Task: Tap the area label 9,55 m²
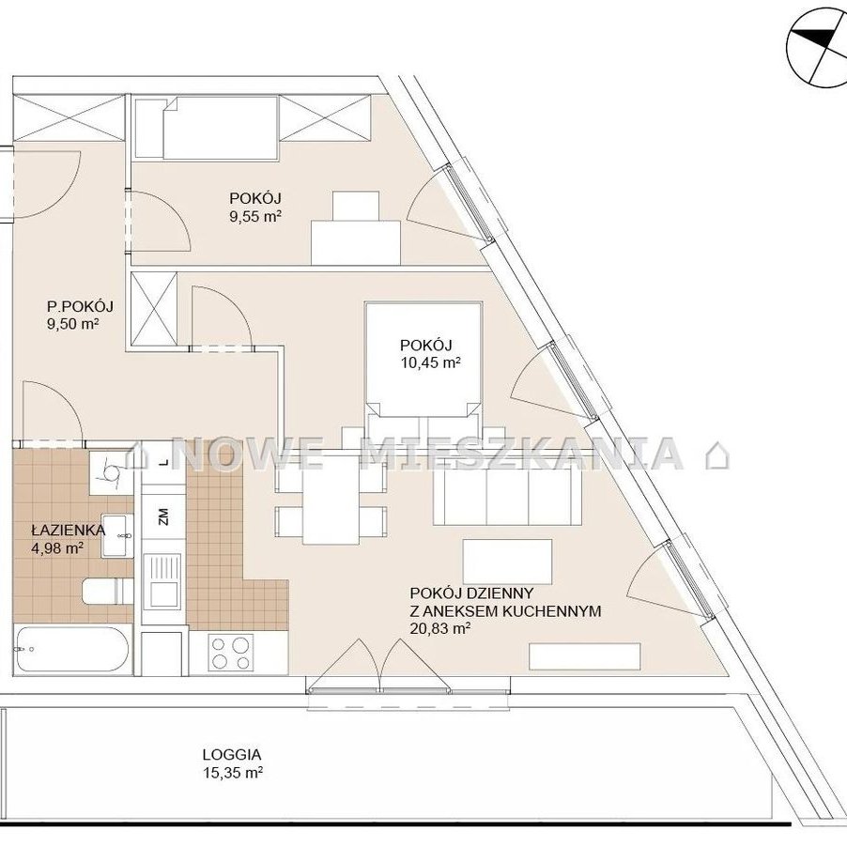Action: (x=255, y=217)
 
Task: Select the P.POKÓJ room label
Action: (x=80, y=307)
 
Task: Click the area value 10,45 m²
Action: (x=430, y=362)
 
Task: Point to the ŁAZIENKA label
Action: (x=68, y=530)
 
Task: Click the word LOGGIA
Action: (x=232, y=754)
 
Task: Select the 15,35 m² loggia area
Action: (x=233, y=773)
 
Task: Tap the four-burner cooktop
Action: (x=231, y=653)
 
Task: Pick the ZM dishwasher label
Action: (x=164, y=516)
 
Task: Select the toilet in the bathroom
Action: (x=107, y=591)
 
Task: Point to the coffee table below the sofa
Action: (x=507, y=562)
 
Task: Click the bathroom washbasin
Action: (x=117, y=535)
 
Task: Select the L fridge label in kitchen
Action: (x=163, y=463)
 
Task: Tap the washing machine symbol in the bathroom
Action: (x=112, y=473)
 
